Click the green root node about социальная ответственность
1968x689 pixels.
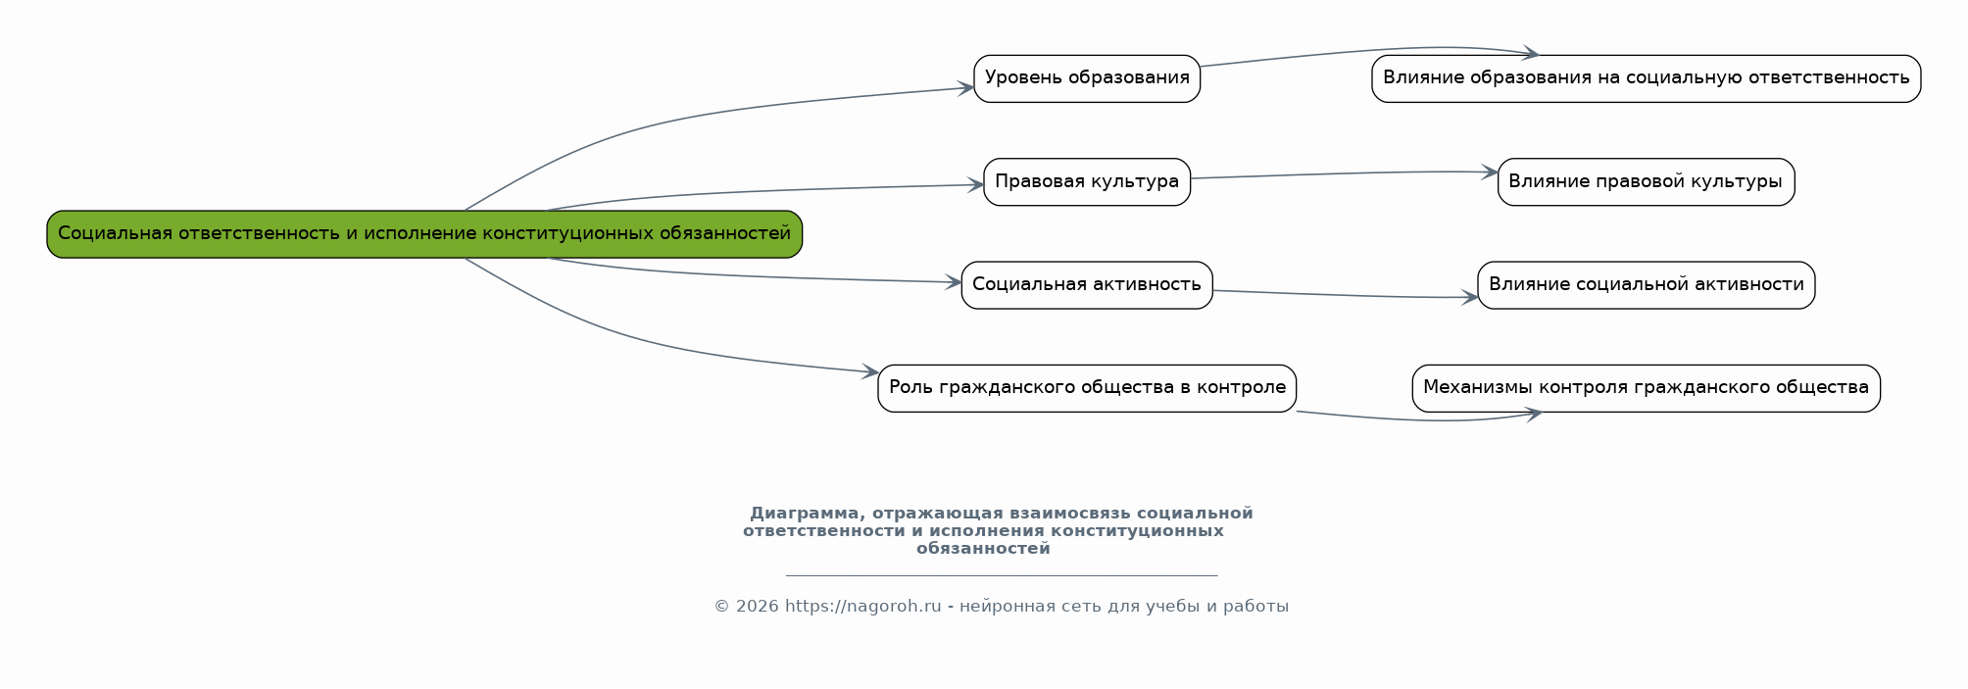pyautogui.click(x=424, y=234)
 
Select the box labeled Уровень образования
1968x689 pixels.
pyautogui.click(x=1086, y=78)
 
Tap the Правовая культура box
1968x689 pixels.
pyautogui.click(x=1086, y=181)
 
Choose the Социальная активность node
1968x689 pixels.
pyautogui.click(x=1086, y=285)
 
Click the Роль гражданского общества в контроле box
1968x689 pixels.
pyautogui.click(x=1086, y=388)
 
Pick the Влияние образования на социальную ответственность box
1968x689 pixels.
pyautogui.click(x=1646, y=78)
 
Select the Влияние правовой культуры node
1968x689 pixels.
pyautogui.click(x=1646, y=181)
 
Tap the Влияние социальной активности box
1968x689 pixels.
pyautogui.click(x=1646, y=285)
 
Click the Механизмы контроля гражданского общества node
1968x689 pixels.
pyautogui.click(x=1646, y=388)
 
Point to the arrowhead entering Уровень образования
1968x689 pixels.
pyautogui.click(x=966, y=88)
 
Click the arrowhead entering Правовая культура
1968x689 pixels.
pyautogui.click(x=976, y=184)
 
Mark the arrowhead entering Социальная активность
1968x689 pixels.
pyautogui.click(x=954, y=282)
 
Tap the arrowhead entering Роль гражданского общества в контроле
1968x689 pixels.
pyautogui.click(x=870, y=371)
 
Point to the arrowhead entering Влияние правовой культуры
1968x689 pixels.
pyautogui.click(x=1491, y=172)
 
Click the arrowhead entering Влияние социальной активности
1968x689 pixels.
pyautogui.click(x=1470, y=297)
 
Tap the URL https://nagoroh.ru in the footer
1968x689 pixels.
pyautogui.click(x=862, y=607)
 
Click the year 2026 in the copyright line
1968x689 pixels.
pyautogui.click(x=757, y=607)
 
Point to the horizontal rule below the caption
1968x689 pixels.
pyautogui.click(x=1001, y=575)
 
